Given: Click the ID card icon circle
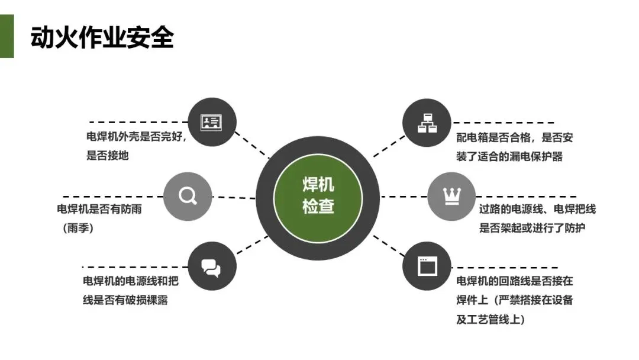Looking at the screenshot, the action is (211, 123).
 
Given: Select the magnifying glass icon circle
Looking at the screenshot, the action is (188, 196).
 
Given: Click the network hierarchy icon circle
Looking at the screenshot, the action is (427, 123).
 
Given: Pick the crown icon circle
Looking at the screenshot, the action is (451, 196).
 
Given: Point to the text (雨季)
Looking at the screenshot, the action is (79, 229).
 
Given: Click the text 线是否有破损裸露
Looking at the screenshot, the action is (125, 300).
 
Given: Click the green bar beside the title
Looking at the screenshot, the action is (7, 37).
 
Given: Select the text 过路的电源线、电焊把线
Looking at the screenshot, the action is (537, 209).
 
